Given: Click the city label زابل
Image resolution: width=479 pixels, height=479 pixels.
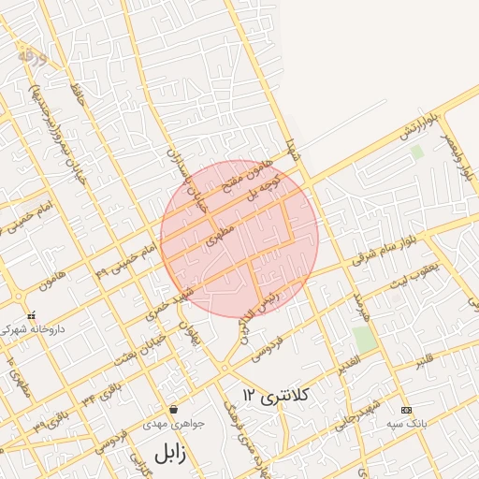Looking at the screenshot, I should tap(170, 454).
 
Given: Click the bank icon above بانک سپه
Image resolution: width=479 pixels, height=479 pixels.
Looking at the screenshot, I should tap(405, 410).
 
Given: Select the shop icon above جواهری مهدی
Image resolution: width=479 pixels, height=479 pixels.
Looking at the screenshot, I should tap(174, 410).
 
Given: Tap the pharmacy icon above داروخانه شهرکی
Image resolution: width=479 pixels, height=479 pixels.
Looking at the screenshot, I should tap(32, 316).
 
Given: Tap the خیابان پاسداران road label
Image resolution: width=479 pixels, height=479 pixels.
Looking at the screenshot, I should tap(182, 179).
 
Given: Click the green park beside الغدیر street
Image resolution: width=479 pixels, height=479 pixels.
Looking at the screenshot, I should tap(365, 339).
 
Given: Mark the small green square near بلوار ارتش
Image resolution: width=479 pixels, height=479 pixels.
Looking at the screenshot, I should tap(416, 150).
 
